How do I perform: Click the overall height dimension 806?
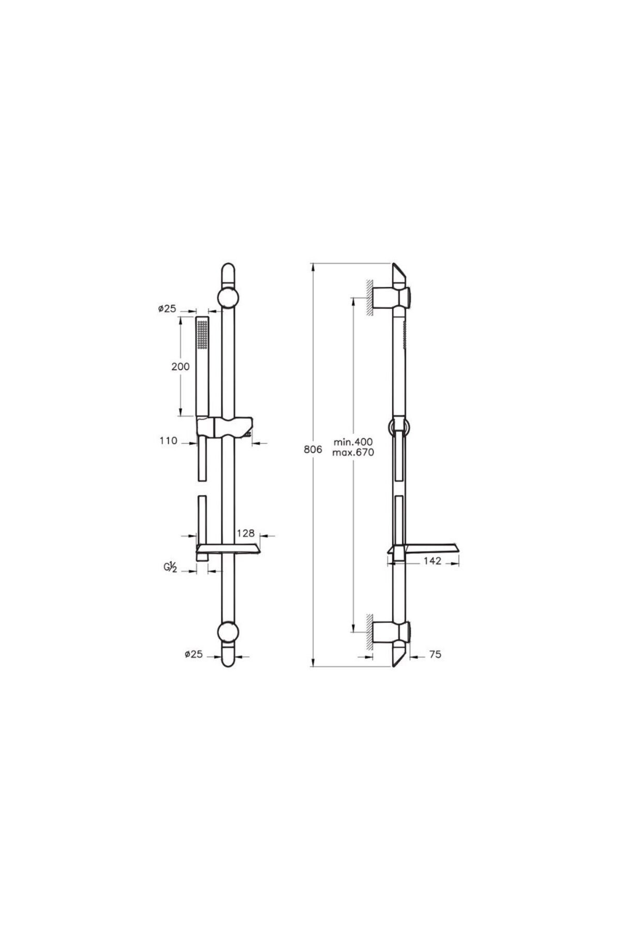[313, 449]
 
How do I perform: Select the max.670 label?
[353, 453]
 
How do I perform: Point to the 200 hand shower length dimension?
[181, 367]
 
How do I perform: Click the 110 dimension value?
[169, 441]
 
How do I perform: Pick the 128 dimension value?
[245, 533]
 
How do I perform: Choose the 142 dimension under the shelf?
[432, 561]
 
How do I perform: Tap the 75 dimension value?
[435, 654]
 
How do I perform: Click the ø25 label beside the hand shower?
[167, 308]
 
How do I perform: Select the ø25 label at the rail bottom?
[194, 654]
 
